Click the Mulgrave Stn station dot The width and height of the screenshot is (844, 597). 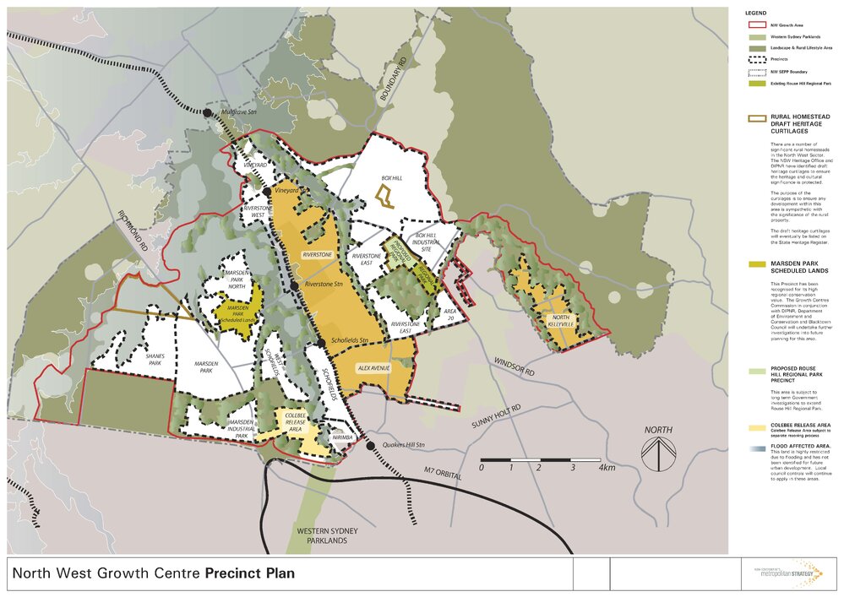click(206, 112)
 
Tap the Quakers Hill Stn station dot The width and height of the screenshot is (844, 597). click(370, 445)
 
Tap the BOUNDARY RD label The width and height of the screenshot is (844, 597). click(394, 79)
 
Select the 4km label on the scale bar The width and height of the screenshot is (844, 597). click(607, 467)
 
